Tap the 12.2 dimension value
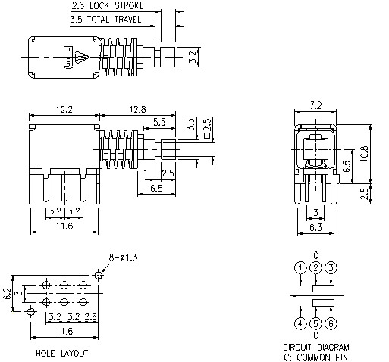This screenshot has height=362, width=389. (64, 111)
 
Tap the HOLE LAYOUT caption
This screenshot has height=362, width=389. (62, 353)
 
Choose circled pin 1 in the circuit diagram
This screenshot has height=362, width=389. (301, 267)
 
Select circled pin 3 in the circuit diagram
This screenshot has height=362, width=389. (331, 267)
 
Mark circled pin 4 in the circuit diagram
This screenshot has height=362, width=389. (301, 324)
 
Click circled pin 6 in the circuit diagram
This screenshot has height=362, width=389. (331, 324)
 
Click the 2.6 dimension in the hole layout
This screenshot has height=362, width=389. (92, 315)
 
